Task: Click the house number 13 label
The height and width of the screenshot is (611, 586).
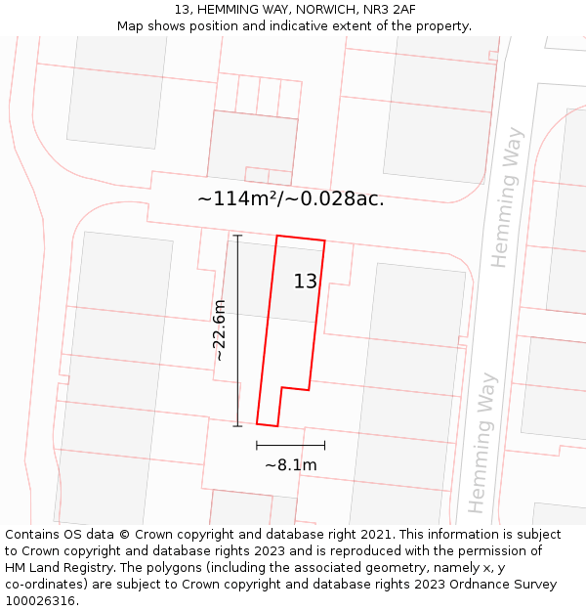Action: pos(306,282)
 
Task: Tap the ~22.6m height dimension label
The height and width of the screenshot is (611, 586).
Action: pos(220,330)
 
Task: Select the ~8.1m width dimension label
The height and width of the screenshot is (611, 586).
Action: pos(290,465)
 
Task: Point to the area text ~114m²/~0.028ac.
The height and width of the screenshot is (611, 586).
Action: pos(290,199)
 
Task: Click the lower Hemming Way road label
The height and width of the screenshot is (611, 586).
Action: pos(482,442)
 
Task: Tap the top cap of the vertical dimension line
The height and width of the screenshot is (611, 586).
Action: pos(237,236)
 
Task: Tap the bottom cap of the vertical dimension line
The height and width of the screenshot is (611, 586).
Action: pos(237,426)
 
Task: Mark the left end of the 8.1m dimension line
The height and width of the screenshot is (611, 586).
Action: pos(257,446)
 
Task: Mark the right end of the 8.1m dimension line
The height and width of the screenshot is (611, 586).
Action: pos(324,446)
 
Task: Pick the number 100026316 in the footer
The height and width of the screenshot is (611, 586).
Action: pos(41,600)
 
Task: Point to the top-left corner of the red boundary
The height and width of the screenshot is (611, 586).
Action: pos(277,236)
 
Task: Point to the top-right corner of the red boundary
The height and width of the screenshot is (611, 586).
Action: pos(325,241)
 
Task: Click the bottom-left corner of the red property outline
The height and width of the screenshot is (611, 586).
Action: pos(257,423)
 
